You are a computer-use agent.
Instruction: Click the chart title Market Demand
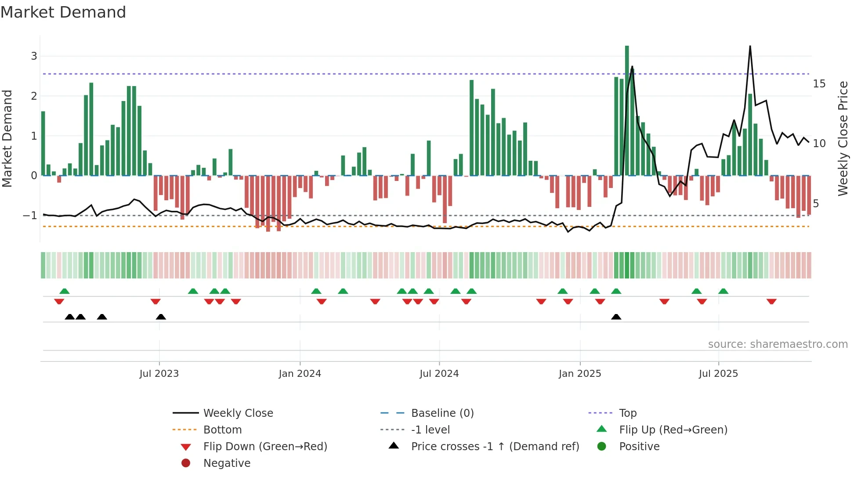(63, 12)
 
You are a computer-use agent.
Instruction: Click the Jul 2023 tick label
(159, 374)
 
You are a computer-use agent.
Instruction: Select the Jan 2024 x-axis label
(300, 374)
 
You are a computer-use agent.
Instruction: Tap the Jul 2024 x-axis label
(439, 374)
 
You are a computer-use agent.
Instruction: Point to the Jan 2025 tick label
(580, 374)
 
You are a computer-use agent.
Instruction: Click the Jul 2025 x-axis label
(718, 374)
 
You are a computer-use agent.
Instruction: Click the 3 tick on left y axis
(34, 56)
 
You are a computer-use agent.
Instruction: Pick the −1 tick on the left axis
(30, 216)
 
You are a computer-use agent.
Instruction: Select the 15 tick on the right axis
(819, 84)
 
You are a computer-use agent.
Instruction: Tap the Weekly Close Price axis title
(843, 138)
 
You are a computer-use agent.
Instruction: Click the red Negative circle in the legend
(186, 463)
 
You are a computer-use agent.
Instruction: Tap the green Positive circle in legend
(602, 447)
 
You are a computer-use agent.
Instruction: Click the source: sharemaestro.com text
(778, 344)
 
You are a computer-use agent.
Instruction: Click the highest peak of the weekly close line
(750, 46)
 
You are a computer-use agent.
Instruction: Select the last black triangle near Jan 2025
(616, 317)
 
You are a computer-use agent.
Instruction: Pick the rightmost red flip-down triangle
(771, 301)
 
